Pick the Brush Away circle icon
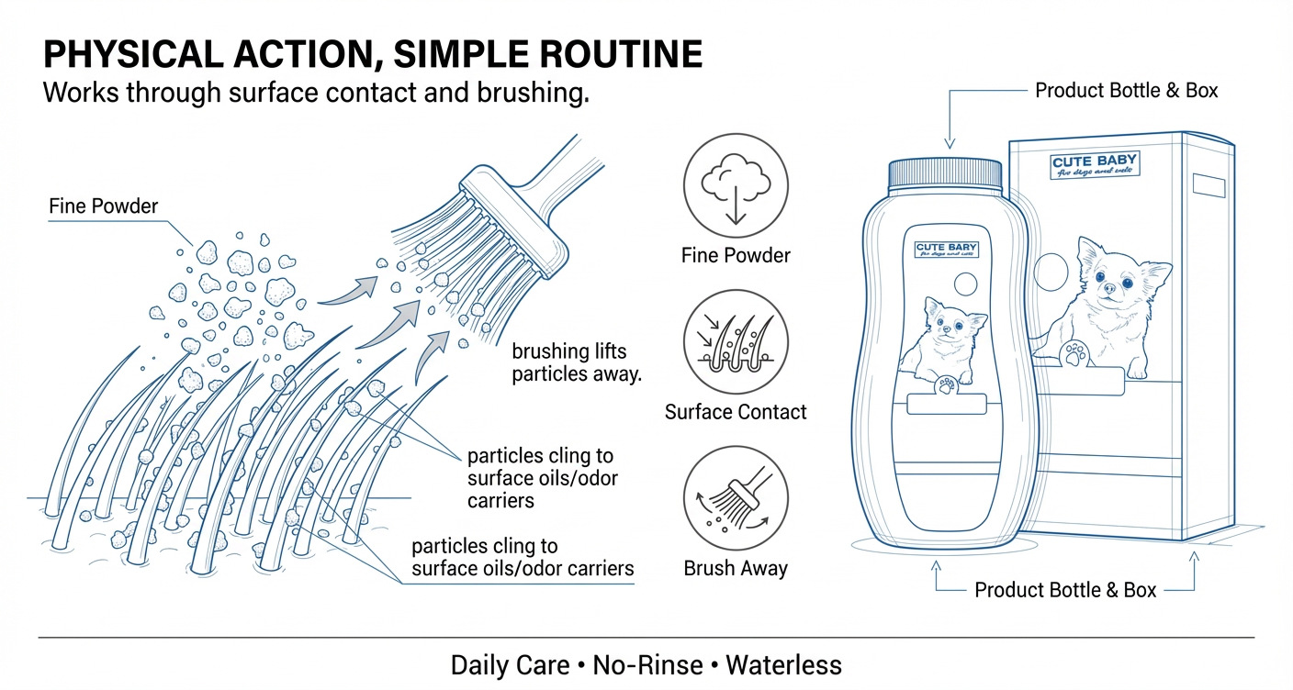(736, 500)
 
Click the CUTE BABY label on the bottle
(947, 250)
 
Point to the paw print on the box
(1074, 353)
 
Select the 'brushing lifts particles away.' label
(576, 362)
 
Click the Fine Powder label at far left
(103, 206)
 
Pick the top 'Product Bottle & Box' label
(1126, 91)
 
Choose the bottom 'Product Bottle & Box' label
(1065, 590)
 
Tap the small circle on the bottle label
(966, 283)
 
